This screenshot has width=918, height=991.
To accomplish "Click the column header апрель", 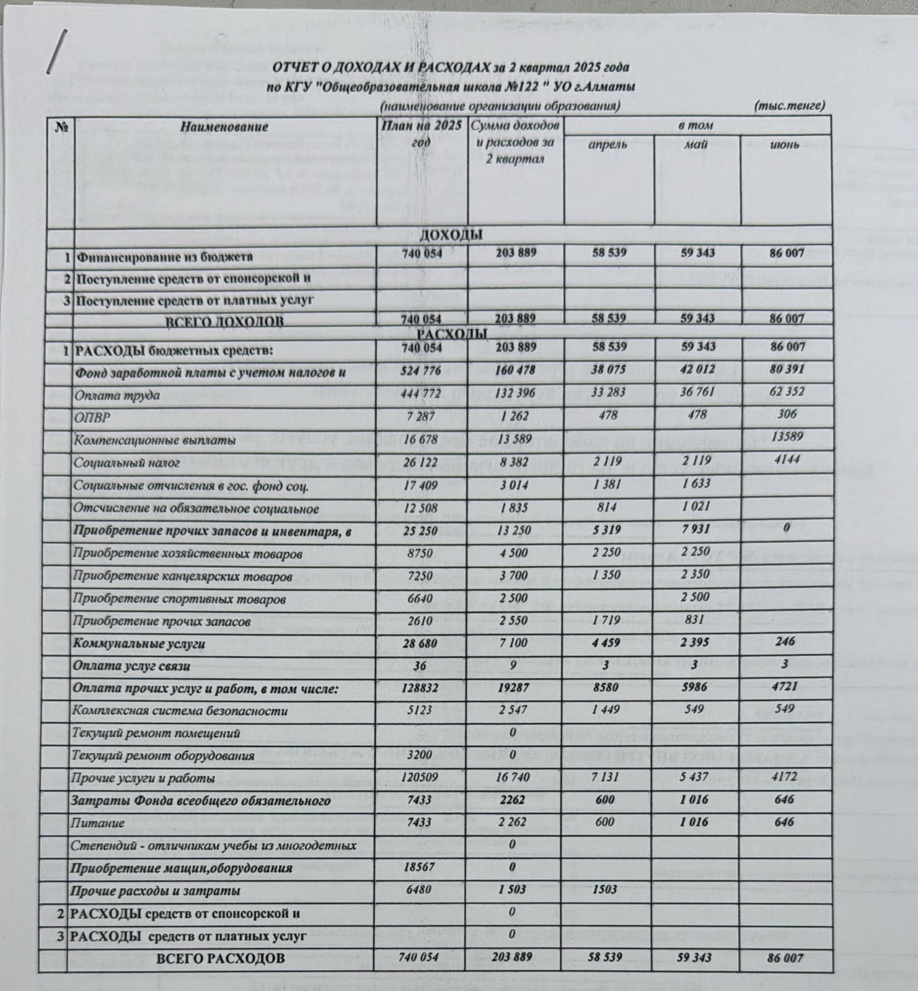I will click(x=607, y=145).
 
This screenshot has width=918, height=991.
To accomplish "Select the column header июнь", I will click(x=784, y=145).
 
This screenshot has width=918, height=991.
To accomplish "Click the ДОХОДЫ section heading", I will click(x=451, y=235).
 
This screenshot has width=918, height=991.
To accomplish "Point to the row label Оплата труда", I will click(x=117, y=395).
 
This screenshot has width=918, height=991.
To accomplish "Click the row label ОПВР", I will click(x=92, y=418).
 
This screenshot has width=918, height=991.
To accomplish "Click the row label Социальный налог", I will click(x=126, y=463).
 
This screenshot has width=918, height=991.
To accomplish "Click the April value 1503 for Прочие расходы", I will click(x=604, y=889).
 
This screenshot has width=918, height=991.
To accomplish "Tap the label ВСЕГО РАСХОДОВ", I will click(x=220, y=958).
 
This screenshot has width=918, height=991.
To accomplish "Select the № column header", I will click(x=61, y=127).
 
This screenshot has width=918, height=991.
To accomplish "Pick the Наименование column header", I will click(x=224, y=127).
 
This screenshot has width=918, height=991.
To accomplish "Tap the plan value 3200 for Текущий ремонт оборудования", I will click(x=421, y=755).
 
